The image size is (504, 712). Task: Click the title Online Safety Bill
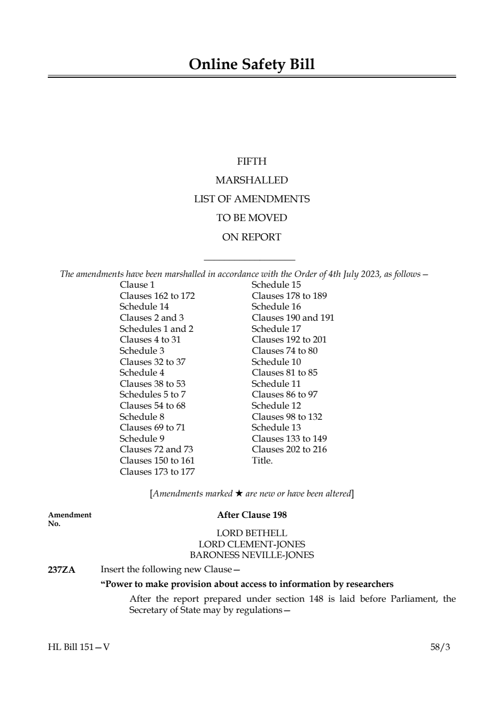coord(252,65)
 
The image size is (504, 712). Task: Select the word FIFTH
coord(252,162)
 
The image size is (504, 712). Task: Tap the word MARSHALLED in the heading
coord(252,180)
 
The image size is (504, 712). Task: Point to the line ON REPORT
coord(252,237)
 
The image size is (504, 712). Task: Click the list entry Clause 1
coord(137,285)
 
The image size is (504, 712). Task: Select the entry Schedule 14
coord(144,306)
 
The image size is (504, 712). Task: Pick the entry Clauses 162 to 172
coord(157,296)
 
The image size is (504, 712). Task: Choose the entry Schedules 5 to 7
coord(153,394)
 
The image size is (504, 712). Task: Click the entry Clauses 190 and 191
coord(293,318)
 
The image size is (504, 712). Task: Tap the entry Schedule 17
coord(276,329)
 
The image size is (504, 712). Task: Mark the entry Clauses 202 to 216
coord(289,449)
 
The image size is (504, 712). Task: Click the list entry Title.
coord(262,460)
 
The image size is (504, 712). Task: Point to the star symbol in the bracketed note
coord(239,493)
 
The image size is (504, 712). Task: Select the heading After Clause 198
coord(252,515)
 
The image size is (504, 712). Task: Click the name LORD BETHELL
coord(252,533)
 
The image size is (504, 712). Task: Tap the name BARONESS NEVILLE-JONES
coord(252,555)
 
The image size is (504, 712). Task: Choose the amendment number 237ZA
coord(62,570)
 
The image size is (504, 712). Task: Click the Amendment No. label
coord(70,519)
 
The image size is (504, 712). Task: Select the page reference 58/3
coord(440,647)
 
